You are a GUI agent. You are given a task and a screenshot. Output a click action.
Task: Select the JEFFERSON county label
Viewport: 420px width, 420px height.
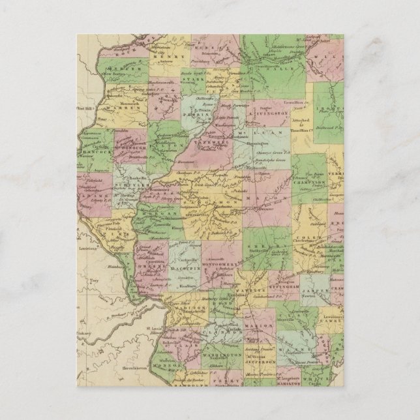pos(262,367)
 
